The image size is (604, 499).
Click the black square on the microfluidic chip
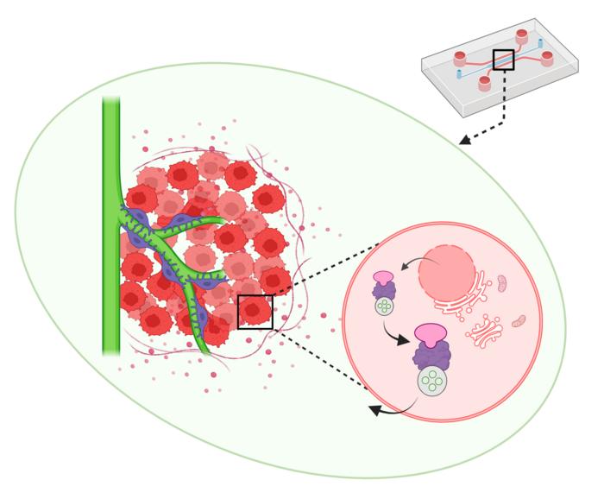point(503,60)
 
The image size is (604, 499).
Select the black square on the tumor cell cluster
point(255,312)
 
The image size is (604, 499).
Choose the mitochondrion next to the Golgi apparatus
point(518,321)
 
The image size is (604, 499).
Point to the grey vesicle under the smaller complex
point(384,306)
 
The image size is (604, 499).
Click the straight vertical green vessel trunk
point(110,224)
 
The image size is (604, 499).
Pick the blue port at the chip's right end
point(540,42)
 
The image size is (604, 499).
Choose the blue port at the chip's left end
point(458,75)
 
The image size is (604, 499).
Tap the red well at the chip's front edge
point(484,83)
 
